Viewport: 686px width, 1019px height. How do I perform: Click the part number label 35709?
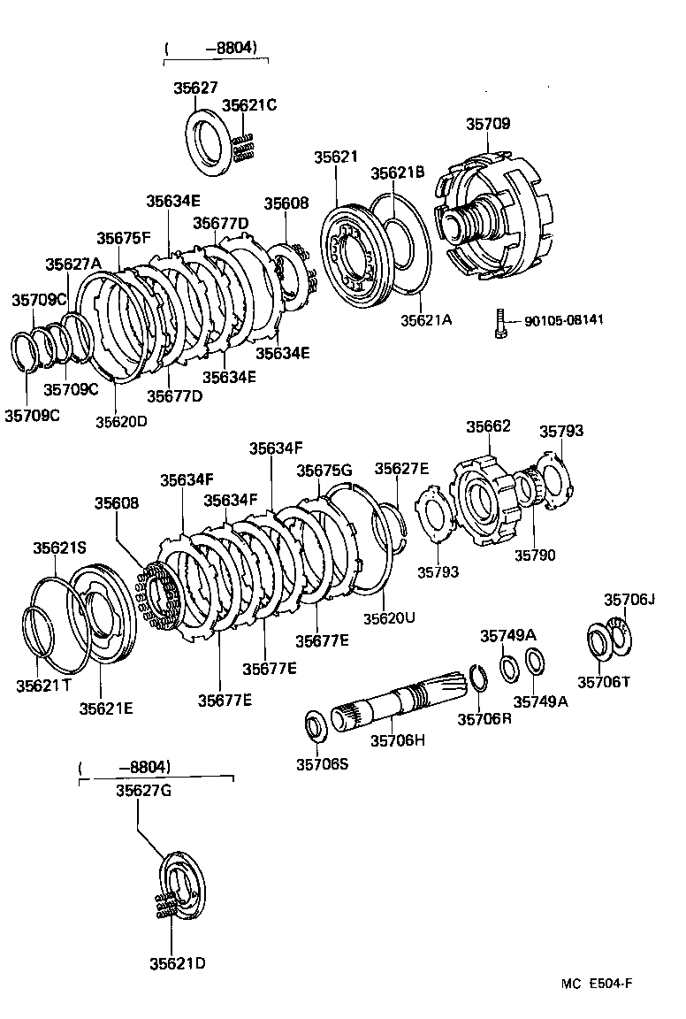[488, 125]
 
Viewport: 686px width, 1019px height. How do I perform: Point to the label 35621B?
[397, 172]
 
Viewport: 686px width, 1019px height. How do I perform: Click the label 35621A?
[425, 319]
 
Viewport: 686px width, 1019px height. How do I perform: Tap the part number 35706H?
[398, 739]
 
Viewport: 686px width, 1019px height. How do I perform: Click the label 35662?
[488, 426]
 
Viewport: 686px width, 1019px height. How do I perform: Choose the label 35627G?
[142, 791]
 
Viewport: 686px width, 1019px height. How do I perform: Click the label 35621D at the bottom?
[177, 963]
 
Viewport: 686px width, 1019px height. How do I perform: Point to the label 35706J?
[629, 600]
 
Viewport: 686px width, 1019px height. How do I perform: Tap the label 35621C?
[249, 105]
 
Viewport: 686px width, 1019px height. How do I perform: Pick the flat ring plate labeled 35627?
[209, 142]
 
